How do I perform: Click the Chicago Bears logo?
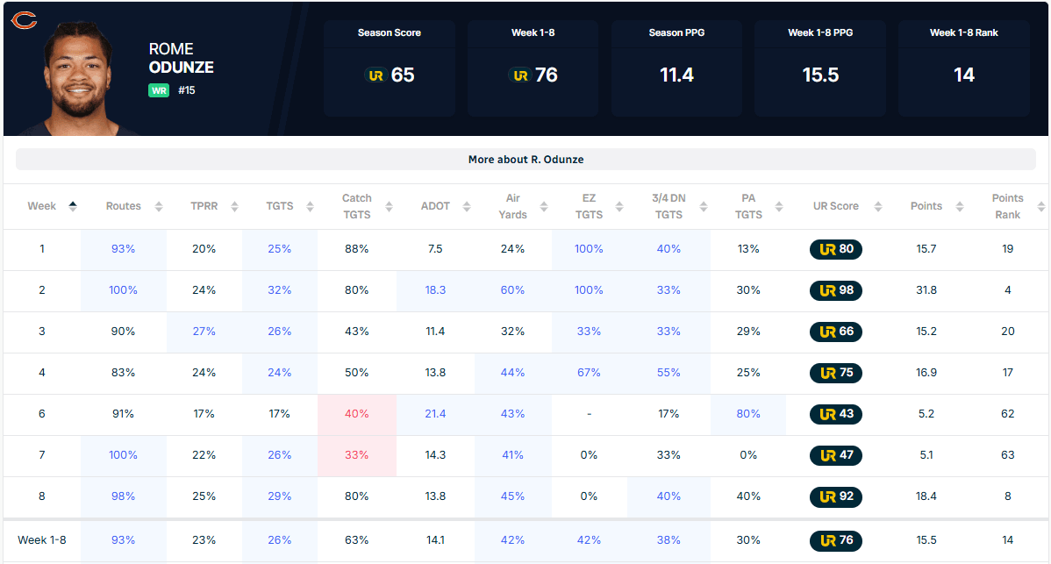click(x=25, y=20)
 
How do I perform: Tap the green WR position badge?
click(x=159, y=90)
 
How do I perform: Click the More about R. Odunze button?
click(x=525, y=160)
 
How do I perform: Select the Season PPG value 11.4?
click(x=676, y=75)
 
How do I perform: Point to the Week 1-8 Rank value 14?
click(x=964, y=75)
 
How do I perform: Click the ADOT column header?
click(x=435, y=206)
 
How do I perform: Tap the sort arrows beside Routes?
click(x=159, y=207)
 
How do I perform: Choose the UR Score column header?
click(x=835, y=206)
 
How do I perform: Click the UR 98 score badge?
click(x=836, y=290)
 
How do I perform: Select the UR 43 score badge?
click(x=836, y=414)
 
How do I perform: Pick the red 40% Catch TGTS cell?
click(x=356, y=414)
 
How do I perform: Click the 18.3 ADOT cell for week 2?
click(x=435, y=290)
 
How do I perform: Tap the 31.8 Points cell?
click(x=926, y=290)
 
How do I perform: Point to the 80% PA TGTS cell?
click(x=748, y=414)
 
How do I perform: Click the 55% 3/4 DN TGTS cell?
click(x=668, y=373)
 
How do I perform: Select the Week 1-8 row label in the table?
click(x=41, y=540)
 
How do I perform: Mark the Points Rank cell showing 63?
click(x=1007, y=455)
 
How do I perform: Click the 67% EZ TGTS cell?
click(x=589, y=373)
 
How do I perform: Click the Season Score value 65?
click(x=402, y=75)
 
